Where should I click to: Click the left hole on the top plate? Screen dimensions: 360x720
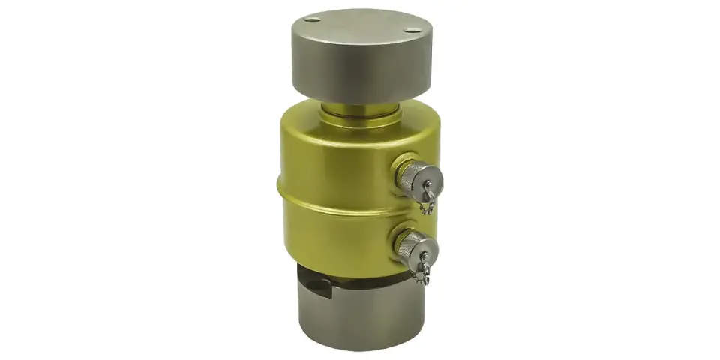[314, 19]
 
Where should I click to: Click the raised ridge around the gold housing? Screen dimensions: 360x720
[330, 196]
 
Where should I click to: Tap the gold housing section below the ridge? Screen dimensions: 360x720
[330, 232]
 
